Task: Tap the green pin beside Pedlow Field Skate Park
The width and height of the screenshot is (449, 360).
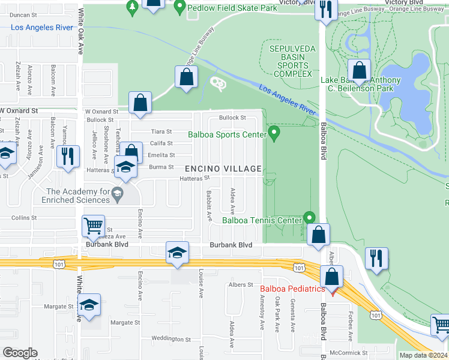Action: click(x=179, y=8)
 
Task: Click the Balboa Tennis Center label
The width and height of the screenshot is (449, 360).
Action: click(x=262, y=220)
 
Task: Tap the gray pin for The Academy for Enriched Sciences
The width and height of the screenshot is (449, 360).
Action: click(x=118, y=193)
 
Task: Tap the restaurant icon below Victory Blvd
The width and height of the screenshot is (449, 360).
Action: click(x=326, y=10)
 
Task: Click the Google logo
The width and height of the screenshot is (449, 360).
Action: click(x=20, y=353)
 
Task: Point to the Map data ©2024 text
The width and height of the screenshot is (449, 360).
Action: click(x=423, y=355)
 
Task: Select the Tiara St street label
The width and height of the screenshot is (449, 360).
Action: click(x=161, y=131)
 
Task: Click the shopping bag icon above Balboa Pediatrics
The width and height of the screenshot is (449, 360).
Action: click(x=331, y=277)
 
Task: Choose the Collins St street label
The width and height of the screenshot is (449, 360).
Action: click(x=24, y=218)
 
